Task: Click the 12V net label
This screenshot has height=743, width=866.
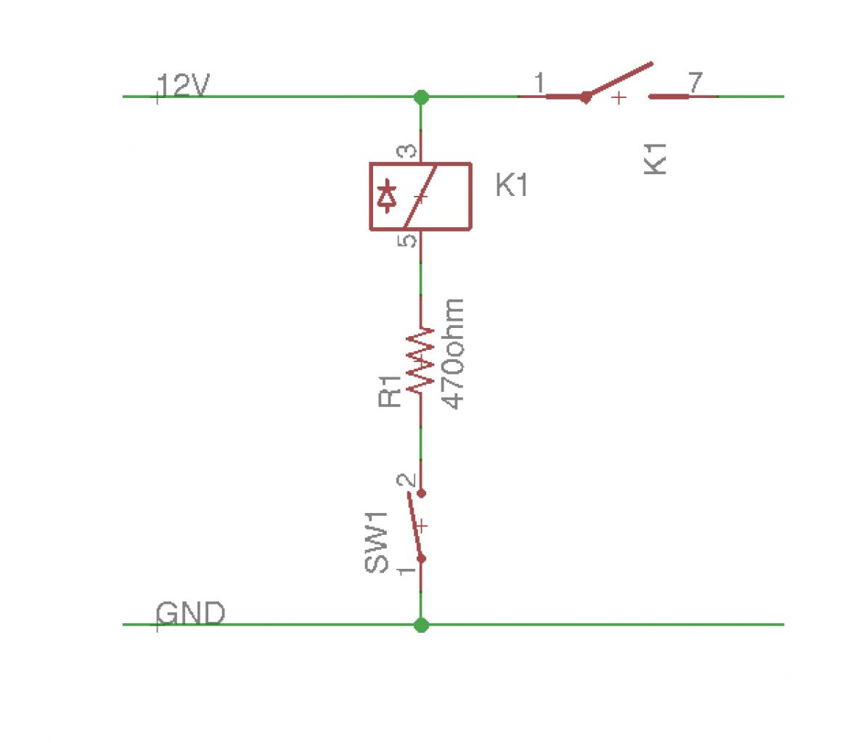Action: tap(184, 86)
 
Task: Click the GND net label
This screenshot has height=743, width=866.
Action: tap(191, 614)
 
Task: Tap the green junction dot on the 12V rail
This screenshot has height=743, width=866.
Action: tap(421, 97)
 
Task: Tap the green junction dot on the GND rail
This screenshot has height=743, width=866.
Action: tap(421, 625)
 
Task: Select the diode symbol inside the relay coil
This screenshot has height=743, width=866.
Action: tap(388, 197)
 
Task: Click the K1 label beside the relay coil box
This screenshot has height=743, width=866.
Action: tap(512, 186)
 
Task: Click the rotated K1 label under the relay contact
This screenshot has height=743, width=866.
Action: tap(655, 157)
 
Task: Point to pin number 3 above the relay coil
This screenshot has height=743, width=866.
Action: tap(410, 152)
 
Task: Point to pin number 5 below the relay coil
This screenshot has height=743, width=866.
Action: tap(410, 240)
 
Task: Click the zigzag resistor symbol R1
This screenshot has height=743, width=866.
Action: tap(421, 361)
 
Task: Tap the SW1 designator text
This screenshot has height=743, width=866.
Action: tap(377, 543)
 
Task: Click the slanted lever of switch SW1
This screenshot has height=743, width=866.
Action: tap(415, 526)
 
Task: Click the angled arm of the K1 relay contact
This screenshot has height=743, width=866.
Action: tap(619, 79)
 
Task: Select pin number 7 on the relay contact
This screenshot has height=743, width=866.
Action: tap(695, 83)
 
